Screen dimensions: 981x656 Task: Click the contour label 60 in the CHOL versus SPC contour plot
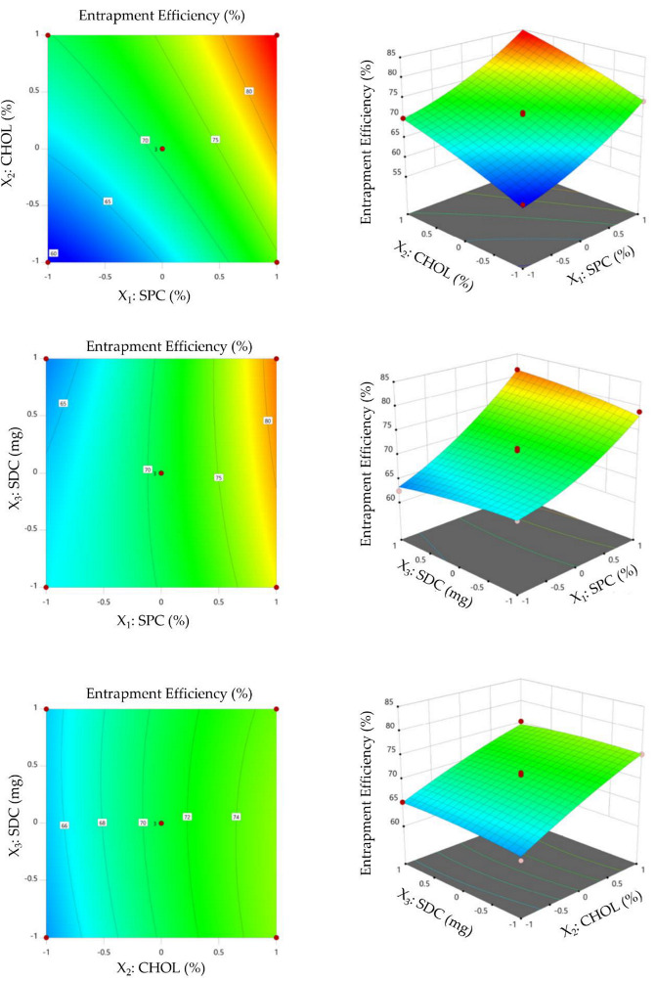pos(55,253)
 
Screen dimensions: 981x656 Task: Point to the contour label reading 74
pos(236,817)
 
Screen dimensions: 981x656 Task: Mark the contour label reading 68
pos(102,823)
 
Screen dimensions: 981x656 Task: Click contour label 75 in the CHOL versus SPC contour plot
pos(215,140)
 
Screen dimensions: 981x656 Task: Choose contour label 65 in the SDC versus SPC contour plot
pos(64,403)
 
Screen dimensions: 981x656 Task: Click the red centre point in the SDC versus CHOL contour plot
pos(161,824)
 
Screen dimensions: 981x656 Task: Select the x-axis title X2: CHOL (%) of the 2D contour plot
pos(162,969)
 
